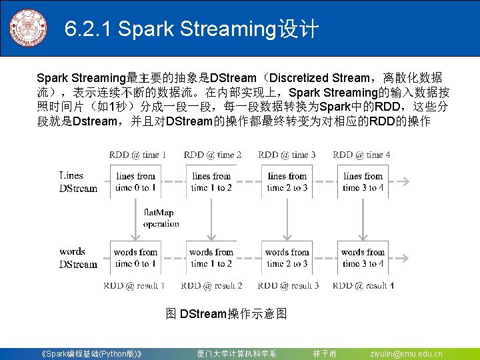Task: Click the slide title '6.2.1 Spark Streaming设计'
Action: (192, 29)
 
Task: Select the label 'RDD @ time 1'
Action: (138, 155)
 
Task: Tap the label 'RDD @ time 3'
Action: (287, 155)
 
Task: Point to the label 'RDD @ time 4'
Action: (361, 155)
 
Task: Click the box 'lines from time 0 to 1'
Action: (135, 182)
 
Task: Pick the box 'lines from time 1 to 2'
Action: (211, 182)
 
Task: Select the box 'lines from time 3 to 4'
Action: (363, 182)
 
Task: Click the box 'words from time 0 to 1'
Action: (135, 258)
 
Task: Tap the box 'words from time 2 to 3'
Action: (287, 258)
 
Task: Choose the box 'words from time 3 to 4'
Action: (363, 258)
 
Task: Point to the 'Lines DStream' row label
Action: (78, 182)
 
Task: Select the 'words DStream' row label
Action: (78, 258)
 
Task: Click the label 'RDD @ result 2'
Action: (211, 285)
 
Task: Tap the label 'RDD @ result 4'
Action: (363, 285)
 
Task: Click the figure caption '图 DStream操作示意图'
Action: (226, 313)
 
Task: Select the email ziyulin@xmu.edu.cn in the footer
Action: (406, 353)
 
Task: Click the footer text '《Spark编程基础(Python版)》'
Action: (91, 353)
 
